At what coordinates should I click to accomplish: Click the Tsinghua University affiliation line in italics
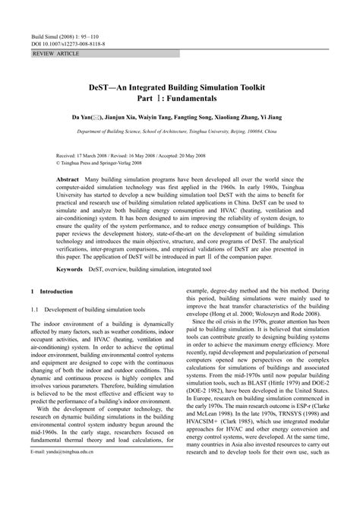click(180, 131)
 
